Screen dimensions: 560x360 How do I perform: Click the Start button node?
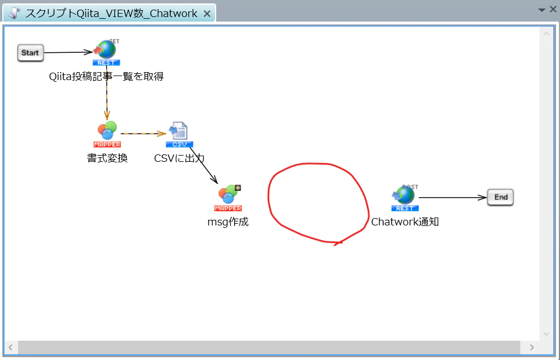coord(31,53)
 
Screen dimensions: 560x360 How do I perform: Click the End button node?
coord(500,198)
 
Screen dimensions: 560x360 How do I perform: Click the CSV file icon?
coord(179,135)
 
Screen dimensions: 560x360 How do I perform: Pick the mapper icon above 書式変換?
coord(107,134)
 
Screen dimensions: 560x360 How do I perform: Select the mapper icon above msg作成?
coord(228,198)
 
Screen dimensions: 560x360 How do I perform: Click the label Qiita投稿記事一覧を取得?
coord(107,77)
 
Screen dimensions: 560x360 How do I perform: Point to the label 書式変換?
coord(107,158)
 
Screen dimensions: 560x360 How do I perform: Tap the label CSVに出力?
coord(179,158)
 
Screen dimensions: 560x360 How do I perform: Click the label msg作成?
coord(228,222)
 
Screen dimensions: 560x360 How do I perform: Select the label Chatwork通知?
coord(405,222)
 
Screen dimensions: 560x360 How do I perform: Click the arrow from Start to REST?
coord(68,53)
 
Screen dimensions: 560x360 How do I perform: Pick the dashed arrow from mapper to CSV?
coord(143,133)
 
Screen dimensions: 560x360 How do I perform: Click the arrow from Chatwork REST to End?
coord(453,198)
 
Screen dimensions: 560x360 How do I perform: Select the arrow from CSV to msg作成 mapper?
coord(204,166)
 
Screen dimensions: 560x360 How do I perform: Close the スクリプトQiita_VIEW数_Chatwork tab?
coord(207,14)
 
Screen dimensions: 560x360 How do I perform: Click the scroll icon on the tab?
coord(14,13)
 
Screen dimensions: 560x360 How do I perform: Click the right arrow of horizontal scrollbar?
coord(532,348)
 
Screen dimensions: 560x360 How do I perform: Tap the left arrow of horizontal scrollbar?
coord(11,348)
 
